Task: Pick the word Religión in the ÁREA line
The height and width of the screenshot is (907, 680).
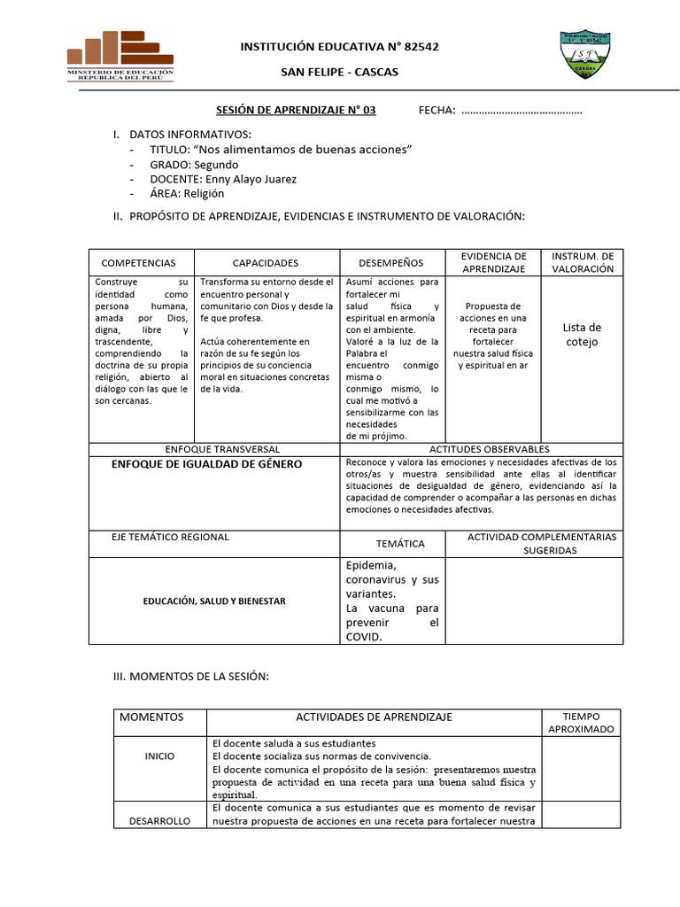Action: click(204, 193)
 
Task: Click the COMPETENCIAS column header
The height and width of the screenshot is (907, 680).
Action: click(139, 263)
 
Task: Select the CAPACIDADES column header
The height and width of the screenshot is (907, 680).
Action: click(266, 263)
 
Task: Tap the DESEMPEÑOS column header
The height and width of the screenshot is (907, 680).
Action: click(390, 263)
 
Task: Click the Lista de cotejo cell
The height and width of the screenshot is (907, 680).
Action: click(582, 334)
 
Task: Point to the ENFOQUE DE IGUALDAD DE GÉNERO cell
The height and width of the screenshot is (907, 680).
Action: click(206, 464)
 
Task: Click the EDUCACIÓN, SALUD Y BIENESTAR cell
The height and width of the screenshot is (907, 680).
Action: click(215, 601)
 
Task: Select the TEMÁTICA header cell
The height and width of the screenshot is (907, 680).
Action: click(400, 544)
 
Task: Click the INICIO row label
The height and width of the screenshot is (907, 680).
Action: click(159, 756)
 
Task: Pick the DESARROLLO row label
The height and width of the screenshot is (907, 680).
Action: click(159, 821)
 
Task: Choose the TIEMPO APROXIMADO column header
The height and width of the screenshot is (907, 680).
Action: click(581, 722)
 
